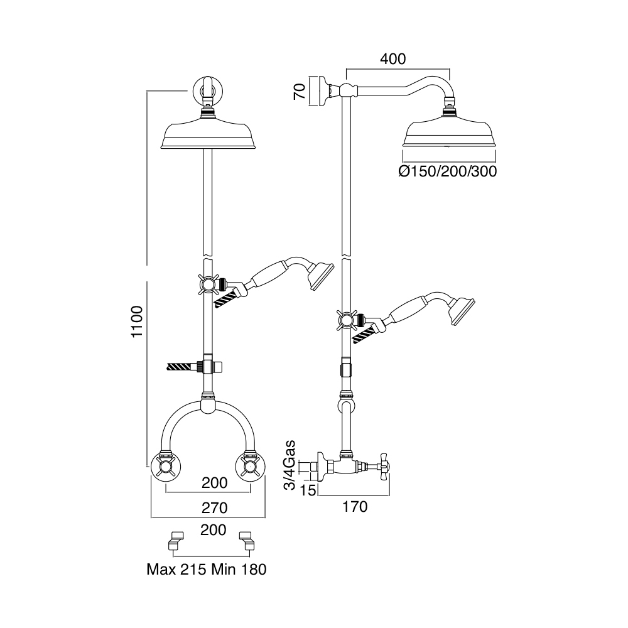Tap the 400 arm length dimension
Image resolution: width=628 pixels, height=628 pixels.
(x=393, y=59)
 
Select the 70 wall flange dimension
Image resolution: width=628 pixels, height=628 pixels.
(x=300, y=91)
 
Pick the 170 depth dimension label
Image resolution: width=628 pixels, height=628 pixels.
(x=355, y=507)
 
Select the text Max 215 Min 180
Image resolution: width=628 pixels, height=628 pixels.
(x=207, y=570)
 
